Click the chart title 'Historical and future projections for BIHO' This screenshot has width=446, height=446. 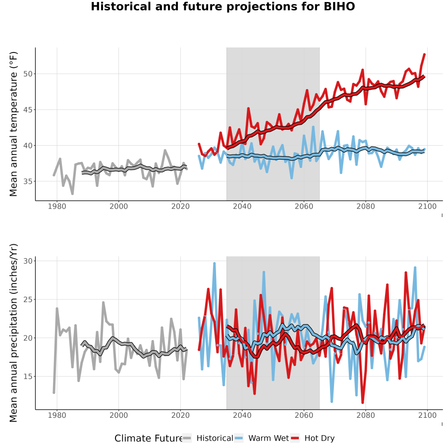[223, 6]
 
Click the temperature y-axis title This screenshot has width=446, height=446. [13, 124]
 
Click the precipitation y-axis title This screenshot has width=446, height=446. [13, 333]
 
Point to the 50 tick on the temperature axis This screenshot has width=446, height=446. [28, 74]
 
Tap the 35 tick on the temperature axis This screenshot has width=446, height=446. [28, 181]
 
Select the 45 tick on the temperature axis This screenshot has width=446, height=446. [28, 110]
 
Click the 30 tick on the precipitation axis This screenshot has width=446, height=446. [28, 261]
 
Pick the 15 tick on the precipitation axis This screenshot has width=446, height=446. [28, 376]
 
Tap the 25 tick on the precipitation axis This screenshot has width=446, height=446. [28, 299]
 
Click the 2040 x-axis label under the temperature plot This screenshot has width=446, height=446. [242, 206]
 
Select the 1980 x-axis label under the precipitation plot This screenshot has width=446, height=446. [57, 415]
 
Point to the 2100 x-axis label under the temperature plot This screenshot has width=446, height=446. [427, 206]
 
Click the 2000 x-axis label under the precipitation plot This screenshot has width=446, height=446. [118, 415]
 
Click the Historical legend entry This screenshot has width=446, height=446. [208, 438]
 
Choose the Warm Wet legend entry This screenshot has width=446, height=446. [262, 438]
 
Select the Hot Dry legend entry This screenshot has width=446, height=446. [312, 438]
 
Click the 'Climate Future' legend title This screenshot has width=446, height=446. [148, 439]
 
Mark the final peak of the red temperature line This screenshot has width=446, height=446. [424, 54]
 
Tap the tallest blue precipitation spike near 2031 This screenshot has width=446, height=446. [215, 264]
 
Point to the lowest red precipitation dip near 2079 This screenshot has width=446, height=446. [362, 402]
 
